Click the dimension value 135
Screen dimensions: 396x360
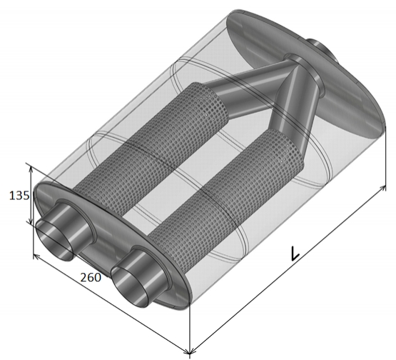click(x=19, y=196)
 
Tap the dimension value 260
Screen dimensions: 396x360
click(x=91, y=277)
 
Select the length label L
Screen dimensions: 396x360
click(x=295, y=253)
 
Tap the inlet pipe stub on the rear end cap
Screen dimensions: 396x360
click(x=322, y=50)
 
